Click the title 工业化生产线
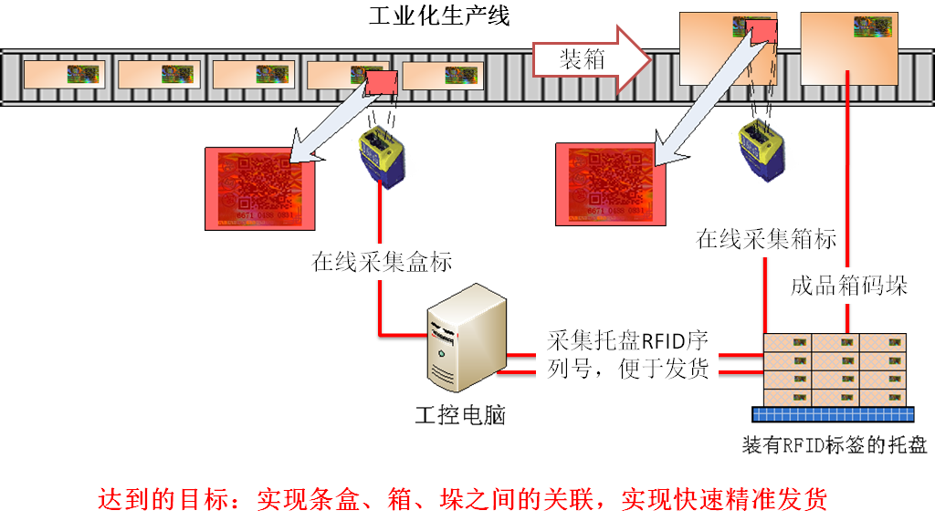[438, 16]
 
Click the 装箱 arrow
[591, 60]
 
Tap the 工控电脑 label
[460, 415]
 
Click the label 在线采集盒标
[383, 263]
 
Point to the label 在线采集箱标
[766, 240]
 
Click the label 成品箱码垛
[848, 286]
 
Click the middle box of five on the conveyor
[253, 74]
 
